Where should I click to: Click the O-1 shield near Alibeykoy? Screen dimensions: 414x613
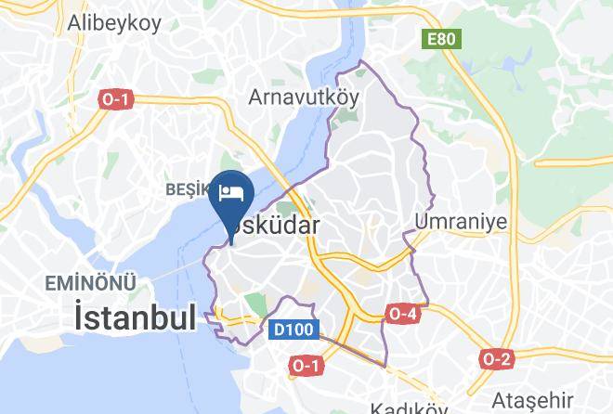pos(115,99)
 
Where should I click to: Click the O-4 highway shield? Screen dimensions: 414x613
pos(401,314)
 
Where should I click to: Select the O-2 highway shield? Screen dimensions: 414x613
pos(497,358)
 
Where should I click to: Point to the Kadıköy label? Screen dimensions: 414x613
pos(409,407)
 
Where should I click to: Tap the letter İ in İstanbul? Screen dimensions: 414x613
pos(80,318)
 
